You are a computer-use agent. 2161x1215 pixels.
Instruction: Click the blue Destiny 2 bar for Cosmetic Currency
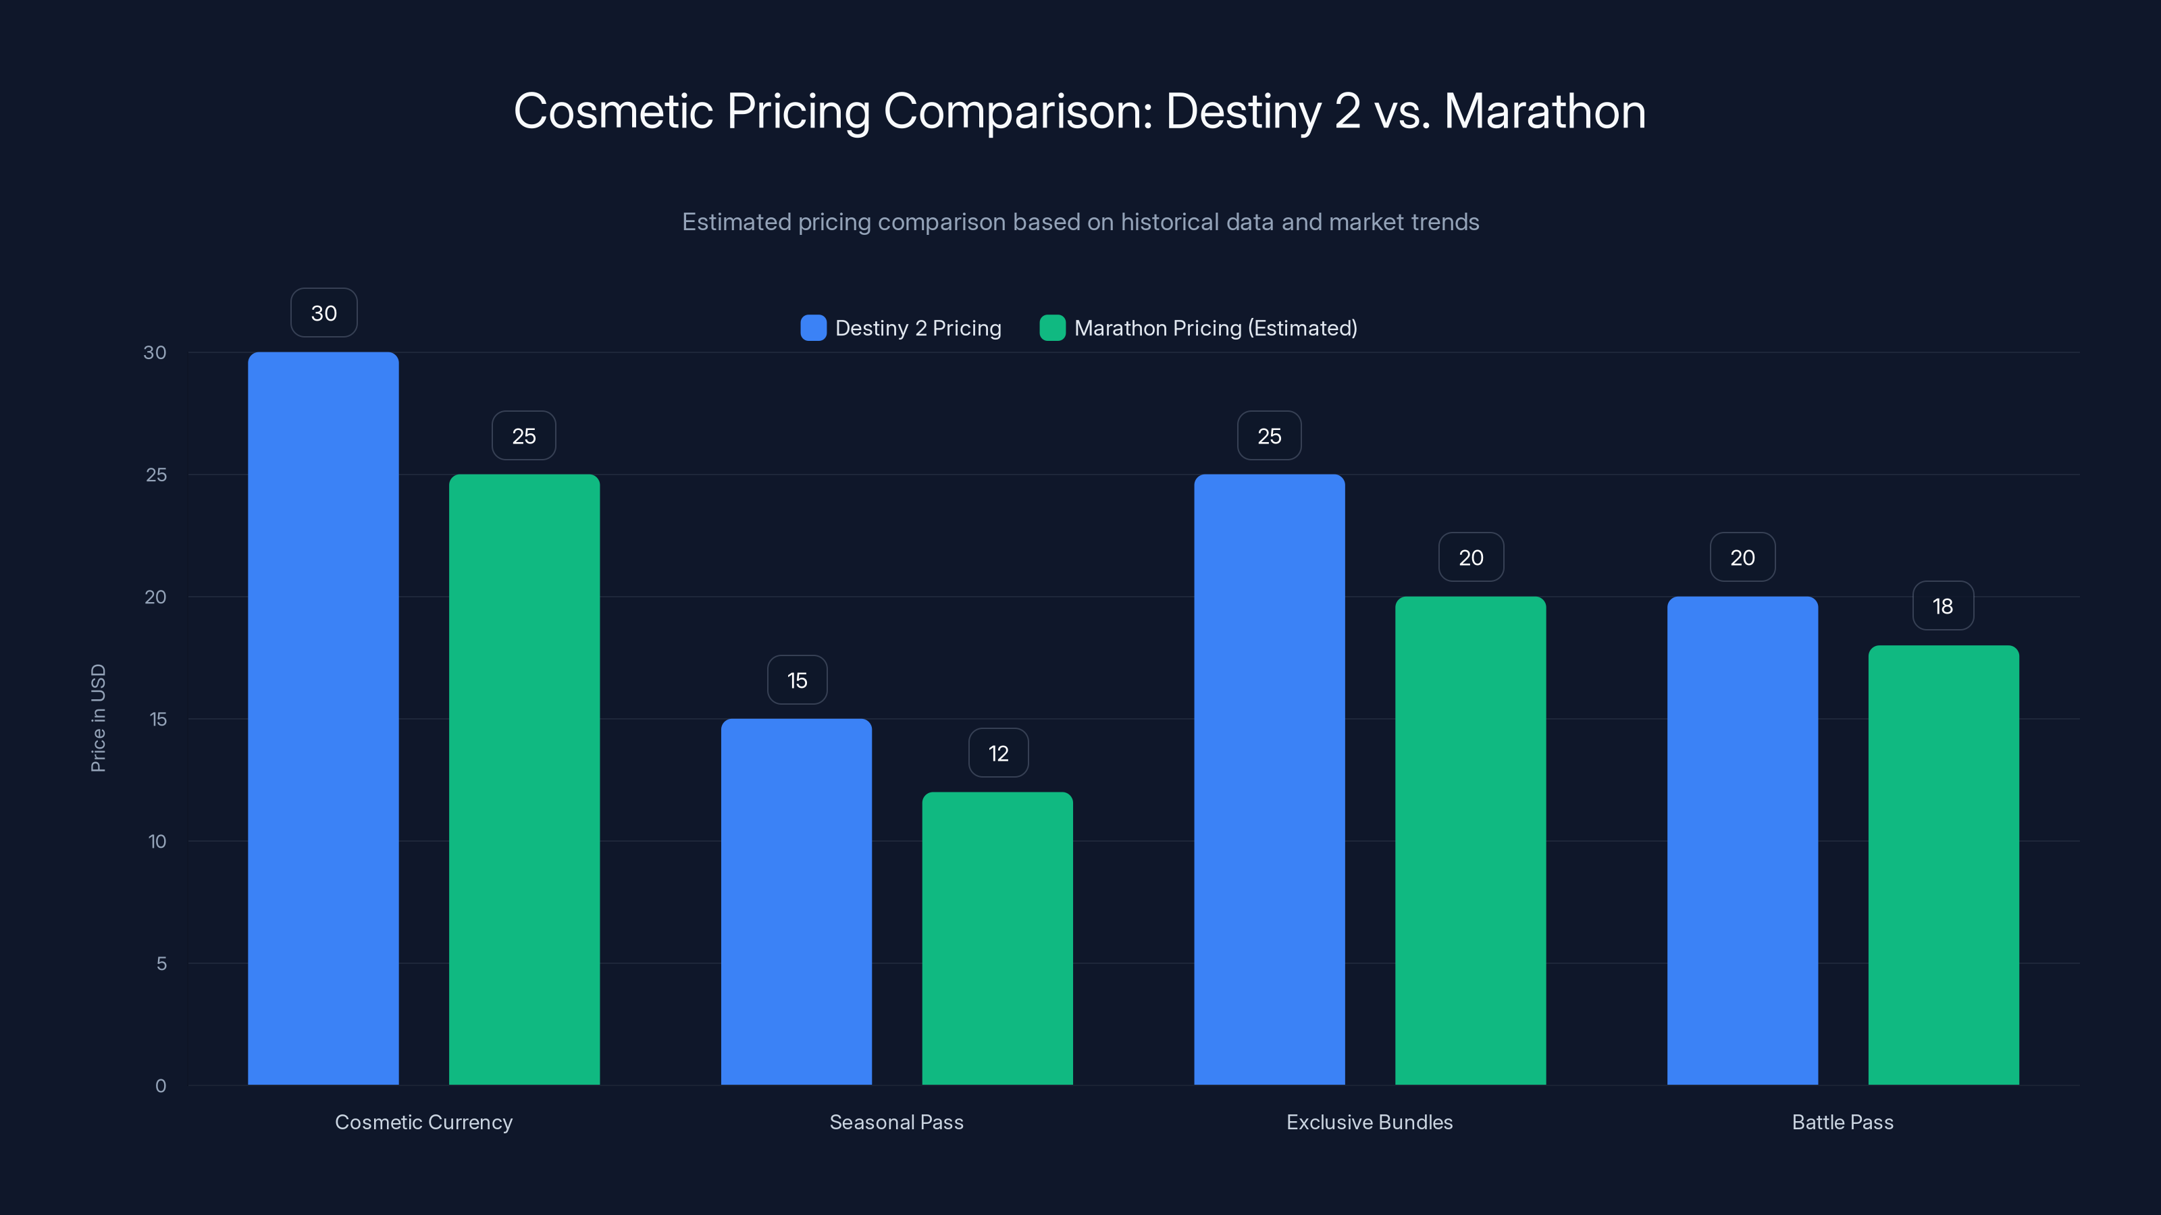coord(323,718)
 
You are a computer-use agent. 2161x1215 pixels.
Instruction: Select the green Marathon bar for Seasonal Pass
coord(997,938)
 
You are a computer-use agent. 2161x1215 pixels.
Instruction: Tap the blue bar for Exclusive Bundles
coord(1270,779)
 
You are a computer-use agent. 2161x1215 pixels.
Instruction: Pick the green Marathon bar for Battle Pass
coord(1943,865)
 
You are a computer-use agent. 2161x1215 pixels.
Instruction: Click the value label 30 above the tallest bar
coord(324,313)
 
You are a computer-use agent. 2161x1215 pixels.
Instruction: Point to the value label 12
coord(998,753)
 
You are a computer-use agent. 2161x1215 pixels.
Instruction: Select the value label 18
coord(1943,605)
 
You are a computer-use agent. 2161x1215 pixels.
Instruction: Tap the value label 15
coord(797,680)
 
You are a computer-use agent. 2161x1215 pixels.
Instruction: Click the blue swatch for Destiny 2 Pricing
coord(813,328)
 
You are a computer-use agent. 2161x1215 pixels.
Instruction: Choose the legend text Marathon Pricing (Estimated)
coord(1215,328)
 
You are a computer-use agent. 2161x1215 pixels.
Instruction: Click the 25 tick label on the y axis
coord(156,475)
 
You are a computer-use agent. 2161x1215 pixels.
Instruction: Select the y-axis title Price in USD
coord(98,718)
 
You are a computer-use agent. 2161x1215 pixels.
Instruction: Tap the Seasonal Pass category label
coord(896,1122)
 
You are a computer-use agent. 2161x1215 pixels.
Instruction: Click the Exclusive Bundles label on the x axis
coord(1369,1122)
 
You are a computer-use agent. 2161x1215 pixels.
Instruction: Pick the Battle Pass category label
coord(1842,1122)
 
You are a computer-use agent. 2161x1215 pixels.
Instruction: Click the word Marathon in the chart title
coord(1544,111)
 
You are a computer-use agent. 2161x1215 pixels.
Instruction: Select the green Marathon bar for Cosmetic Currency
coord(524,779)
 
